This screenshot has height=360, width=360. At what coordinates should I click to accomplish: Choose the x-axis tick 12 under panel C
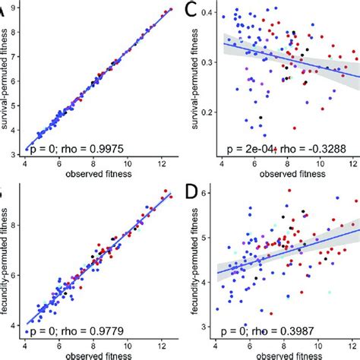tap(352, 164)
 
